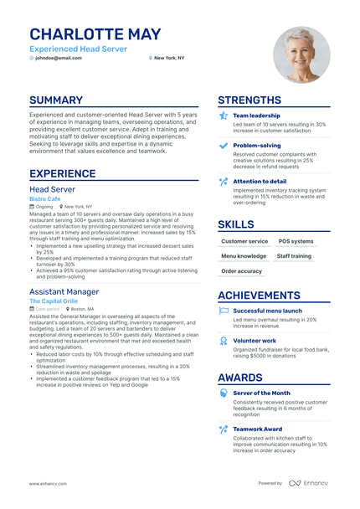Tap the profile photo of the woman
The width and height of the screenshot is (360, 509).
301,54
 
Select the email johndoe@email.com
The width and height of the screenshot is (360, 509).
59,58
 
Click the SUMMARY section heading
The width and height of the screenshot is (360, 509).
56,100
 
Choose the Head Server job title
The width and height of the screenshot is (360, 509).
53,190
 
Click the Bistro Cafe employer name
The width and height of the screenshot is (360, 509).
44,199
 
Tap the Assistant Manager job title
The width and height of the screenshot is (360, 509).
64,291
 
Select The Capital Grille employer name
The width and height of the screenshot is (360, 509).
54,301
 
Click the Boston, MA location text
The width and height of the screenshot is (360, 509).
84,309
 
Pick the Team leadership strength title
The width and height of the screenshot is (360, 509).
256,116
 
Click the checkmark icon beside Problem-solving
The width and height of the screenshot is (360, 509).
223,145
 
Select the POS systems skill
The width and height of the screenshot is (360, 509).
297,241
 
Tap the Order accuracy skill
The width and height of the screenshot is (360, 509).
241,270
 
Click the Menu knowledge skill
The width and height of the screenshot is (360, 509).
244,256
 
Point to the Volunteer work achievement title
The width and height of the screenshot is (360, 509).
255,341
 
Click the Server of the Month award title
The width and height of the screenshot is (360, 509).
261,393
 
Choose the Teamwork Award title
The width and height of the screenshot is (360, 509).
258,429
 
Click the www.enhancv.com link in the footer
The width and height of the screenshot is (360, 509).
49,483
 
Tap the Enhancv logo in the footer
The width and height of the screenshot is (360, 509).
311,483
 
